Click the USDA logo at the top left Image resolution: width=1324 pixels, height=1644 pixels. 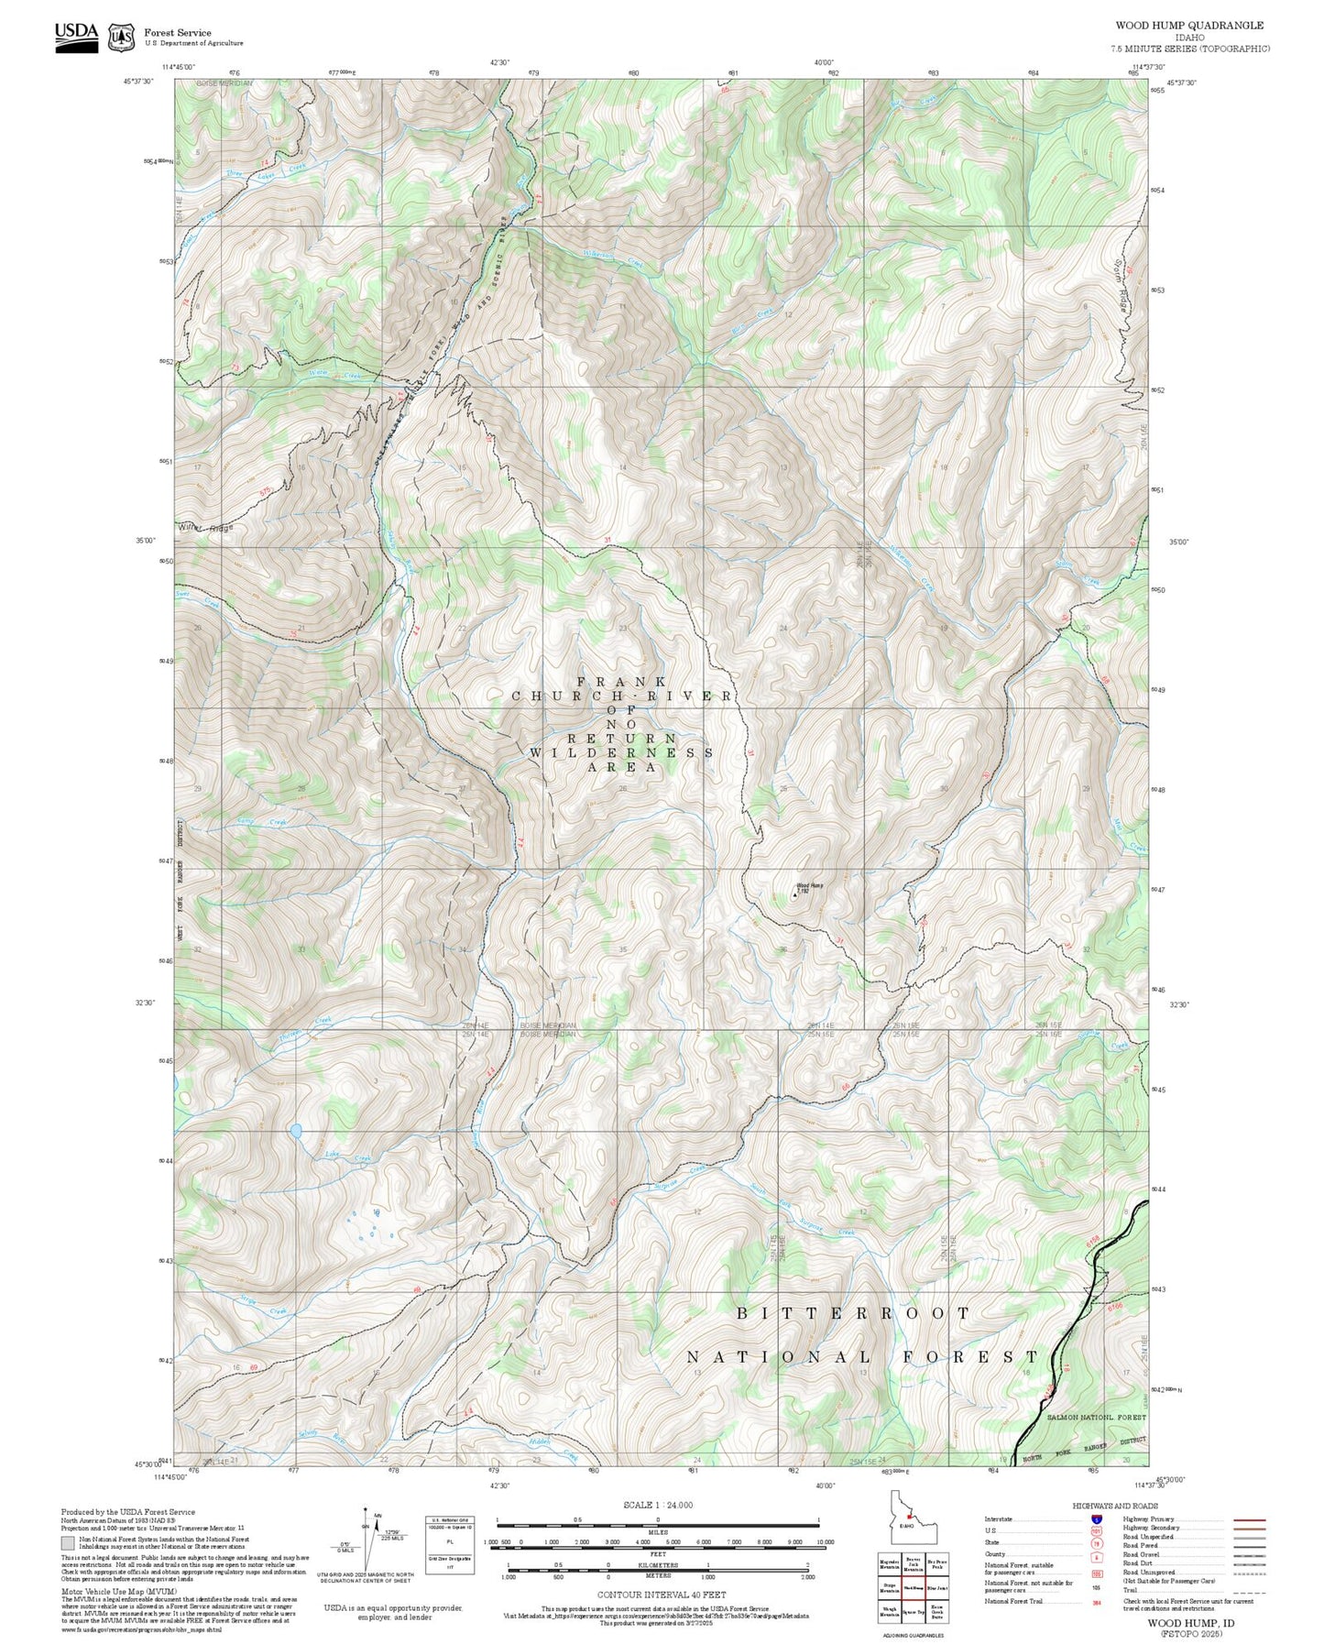click(76, 34)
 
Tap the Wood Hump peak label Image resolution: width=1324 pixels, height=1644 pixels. click(809, 885)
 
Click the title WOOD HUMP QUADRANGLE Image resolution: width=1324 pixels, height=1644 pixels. click(1188, 26)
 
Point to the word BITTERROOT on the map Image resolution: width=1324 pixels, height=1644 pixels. click(853, 1313)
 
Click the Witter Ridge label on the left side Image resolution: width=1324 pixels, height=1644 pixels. click(206, 528)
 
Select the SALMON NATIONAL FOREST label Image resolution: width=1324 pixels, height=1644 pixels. click(1096, 1417)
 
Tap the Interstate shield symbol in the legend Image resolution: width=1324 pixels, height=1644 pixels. click(1095, 1519)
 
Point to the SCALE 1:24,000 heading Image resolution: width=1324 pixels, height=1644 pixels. click(658, 1505)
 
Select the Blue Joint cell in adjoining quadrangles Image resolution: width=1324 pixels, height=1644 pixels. click(936, 1587)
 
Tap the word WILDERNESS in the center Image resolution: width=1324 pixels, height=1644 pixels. click(622, 752)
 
